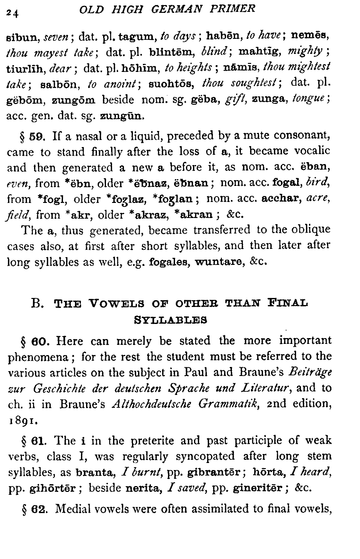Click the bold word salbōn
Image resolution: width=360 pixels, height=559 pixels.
[x=63, y=84]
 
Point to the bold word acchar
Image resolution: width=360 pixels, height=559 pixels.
[x=282, y=199]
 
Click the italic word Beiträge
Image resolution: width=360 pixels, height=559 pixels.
[x=310, y=372]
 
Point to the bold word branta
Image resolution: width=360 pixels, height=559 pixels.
[x=95, y=473]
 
